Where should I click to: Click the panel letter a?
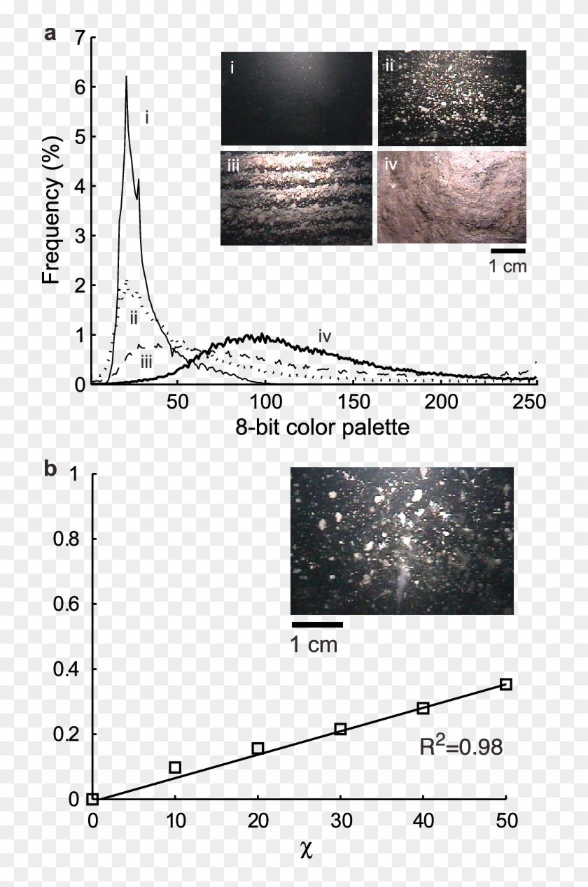tap(50, 33)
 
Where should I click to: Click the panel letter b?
tap(50, 469)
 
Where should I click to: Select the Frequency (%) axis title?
tap(51, 210)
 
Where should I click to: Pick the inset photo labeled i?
tap(296, 98)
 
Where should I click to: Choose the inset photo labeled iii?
tap(296, 198)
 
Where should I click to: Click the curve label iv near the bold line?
tap(324, 336)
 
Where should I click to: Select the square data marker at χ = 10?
tap(175, 767)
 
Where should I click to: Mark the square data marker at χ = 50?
tap(505, 684)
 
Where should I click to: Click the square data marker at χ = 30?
tap(340, 729)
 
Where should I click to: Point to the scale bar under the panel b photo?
tap(316, 624)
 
